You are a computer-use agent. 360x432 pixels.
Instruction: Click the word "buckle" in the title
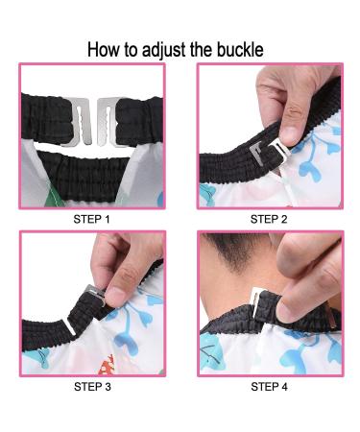coord(240,50)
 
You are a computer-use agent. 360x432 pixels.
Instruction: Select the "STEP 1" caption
coord(91,219)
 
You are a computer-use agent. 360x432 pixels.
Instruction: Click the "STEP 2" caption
coord(269,219)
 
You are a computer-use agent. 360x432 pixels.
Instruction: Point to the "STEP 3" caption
coord(92,387)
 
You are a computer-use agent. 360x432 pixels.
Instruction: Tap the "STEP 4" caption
coord(269,387)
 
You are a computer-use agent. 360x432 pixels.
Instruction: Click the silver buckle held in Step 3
coord(95,293)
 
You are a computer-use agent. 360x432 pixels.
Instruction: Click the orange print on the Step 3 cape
coord(107,365)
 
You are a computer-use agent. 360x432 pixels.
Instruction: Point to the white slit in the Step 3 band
coord(70,326)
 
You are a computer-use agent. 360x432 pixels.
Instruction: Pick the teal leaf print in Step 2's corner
coord(208,194)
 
